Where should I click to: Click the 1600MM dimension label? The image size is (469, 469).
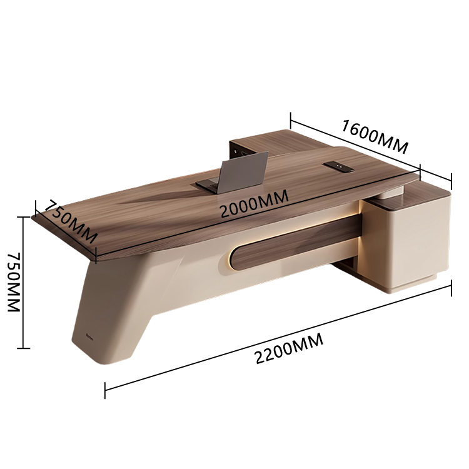click(375, 136)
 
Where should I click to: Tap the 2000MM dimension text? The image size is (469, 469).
click(255, 203)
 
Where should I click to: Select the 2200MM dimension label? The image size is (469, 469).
click(289, 348)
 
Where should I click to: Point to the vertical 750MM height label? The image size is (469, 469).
click(14, 283)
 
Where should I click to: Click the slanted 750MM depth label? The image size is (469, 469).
click(71, 221)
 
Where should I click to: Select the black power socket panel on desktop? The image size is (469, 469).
click(338, 167)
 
